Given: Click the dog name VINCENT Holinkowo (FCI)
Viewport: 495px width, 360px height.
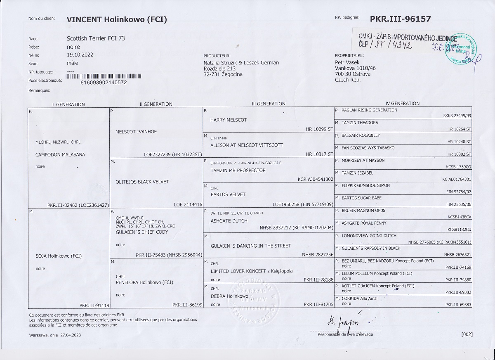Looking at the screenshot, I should pyautogui.click(x=117, y=19).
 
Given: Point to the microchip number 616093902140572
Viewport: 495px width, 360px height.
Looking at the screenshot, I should pyautogui.click(x=104, y=82).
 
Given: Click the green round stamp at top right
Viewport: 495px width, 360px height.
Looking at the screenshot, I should pyautogui.click(x=461, y=47).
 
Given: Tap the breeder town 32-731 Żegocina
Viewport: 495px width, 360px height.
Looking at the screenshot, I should pyautogui.click(x=223, y=74).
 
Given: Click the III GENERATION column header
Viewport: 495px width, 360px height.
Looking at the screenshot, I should pyautogui.click(x=269, y=104).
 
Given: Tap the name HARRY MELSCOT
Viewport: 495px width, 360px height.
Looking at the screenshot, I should pyautogui.click(x=229, y=120).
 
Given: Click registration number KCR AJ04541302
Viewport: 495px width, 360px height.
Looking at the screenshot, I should pyautogui.click(x=315, y=180).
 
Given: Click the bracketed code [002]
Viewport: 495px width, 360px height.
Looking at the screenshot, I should pyautogui.click(x=467, y=334).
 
